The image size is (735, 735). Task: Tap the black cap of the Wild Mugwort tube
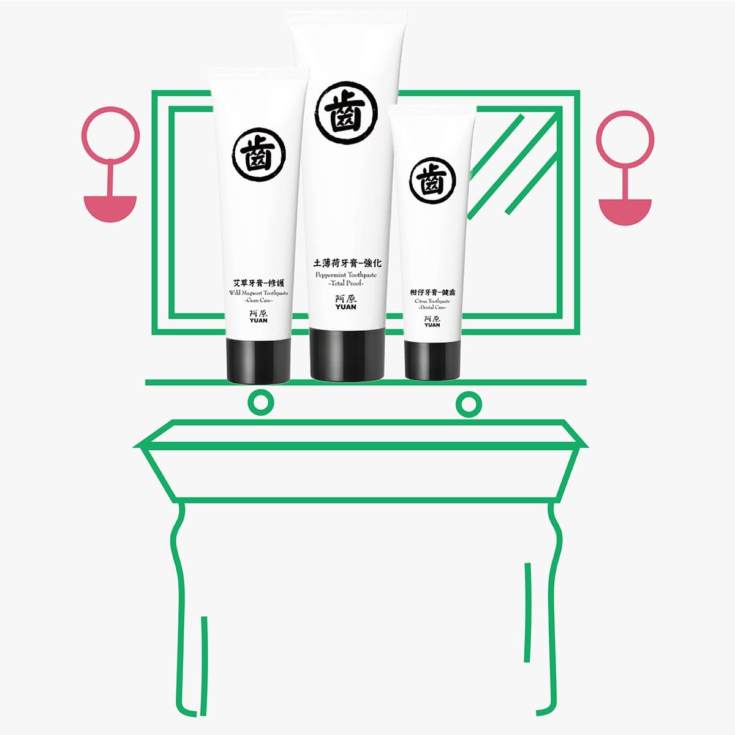pyautogui.click(x=258, y=360)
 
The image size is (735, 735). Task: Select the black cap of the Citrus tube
pyautogui.click(x=432, y=360)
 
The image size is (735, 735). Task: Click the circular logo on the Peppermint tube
pyautogui.click(x=346, y=113)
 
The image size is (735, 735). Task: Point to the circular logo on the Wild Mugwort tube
pyautogui.click(x=259, y=154)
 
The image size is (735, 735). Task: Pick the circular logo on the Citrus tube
pyautogui.click(x=432, y=181)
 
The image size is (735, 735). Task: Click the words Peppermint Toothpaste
pyautogui.click(x=346, y=275)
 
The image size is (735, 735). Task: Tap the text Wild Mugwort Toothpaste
pyautogui.click(x=258, y=293)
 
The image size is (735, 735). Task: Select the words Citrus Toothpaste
pyautogui.click(x=432, y=301)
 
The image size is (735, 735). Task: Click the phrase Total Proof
pyautogui.click(x=346, y=284)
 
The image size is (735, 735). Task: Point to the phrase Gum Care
pyautogui.click(x=258, y=301)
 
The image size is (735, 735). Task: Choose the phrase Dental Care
pyautogui.click(x=432, y=307)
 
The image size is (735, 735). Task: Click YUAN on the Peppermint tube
pyautogui.click(x=346, y=307)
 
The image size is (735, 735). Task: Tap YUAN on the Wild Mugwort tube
pyautogui.click(x=258, y=320)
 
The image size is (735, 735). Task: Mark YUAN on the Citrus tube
pyautogui.click(x=432, y=325)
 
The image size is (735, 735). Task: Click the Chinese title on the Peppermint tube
pyautogui.click(x=347, y=263)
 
